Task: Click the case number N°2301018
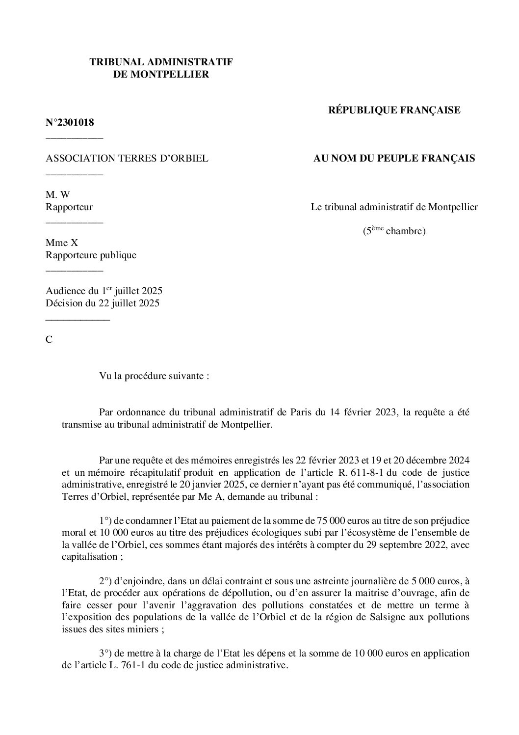pyautogui.click(x=70, y=122)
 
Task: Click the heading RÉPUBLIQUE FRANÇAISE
pyautogui.click(x=394, y=110)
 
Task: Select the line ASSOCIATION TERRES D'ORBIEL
pyautogui.click(x=127, y=158)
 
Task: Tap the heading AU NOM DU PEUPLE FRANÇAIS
pyautogui.click(x=394, y=158)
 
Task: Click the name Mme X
pyautogui.click(x=62, y=243)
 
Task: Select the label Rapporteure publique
pyautogui.click(x=91, y=255)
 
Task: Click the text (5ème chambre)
pyautogui.click(x=394, y=231)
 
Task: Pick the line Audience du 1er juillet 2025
pyautogui.click(x=104, y=291)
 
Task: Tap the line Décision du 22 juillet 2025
pyautogui.click(x=103, y=303)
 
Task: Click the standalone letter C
pyautogui.click(x=49, y=339)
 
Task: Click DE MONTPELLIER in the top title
pyautogui.click(x=161, y=74)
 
